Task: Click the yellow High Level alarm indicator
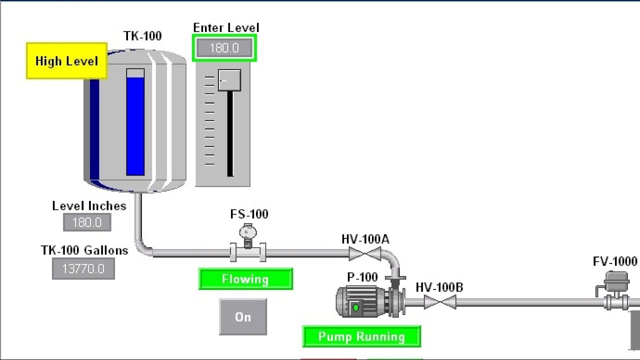tap(66, 61)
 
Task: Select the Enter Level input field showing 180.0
tap(224, 48)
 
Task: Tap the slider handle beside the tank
tap(229, 80)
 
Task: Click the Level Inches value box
tap(87, 222)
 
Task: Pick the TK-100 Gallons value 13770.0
tap(83, 269)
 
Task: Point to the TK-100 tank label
tap(142, 36)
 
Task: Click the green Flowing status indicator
tap(245, 279)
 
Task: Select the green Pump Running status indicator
tap(361, 336)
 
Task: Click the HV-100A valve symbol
tap(364, 254)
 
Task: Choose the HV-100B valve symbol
tap(440, 302)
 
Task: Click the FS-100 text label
tap(249, 214)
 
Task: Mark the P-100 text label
tap(362, 277)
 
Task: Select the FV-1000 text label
tap(615, 261)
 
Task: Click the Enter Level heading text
tap(226, 28)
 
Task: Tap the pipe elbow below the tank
tap(144, 248)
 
